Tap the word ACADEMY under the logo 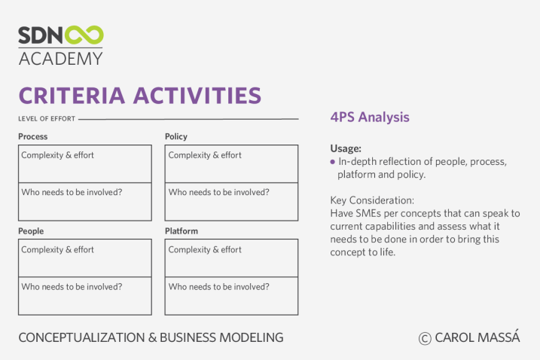pos(60,59)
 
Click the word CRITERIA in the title pos(72,96)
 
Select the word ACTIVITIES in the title pos(197,96)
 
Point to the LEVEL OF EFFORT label pos(47,119)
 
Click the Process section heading pos(32,136)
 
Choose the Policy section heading pos(176,136)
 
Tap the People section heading pos(31,230)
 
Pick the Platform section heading pos(182,230)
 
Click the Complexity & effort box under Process pos(85,164)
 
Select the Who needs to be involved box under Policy pos(231,202)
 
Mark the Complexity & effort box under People pos(85,258)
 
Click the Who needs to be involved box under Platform pos(231,296)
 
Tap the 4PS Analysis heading pos(370,117)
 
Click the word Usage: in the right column pos(346,148)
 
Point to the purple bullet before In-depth pos(332,162)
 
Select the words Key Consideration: pos(372,200)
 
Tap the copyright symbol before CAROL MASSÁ pos(425,338)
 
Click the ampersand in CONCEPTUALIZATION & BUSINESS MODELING pos(153,337)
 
